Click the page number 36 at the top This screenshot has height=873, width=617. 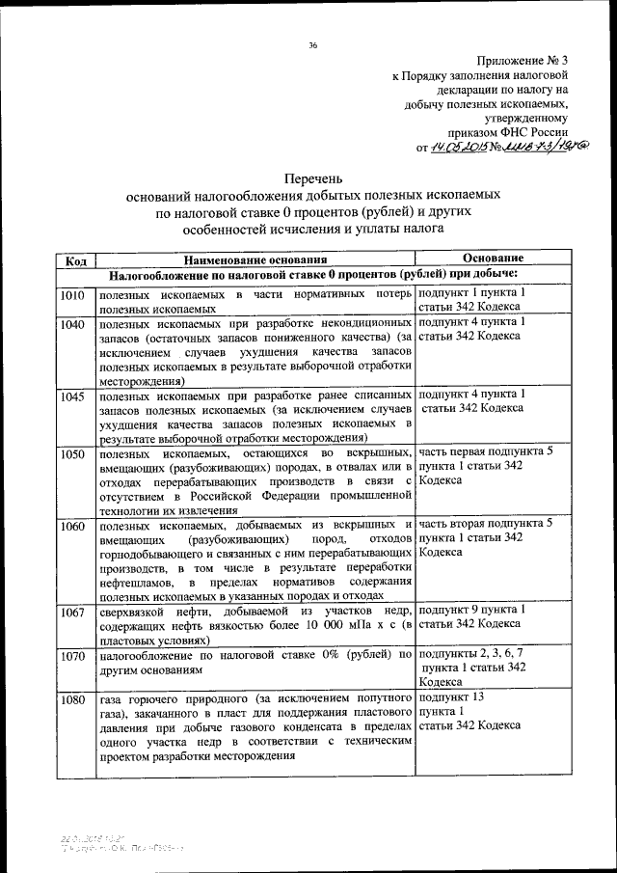[313, 45]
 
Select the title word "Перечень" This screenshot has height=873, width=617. [313, 178]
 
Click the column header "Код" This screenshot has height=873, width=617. [76, 259]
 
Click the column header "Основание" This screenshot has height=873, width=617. [492, 259]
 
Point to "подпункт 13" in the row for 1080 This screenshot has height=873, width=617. [451, 696]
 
